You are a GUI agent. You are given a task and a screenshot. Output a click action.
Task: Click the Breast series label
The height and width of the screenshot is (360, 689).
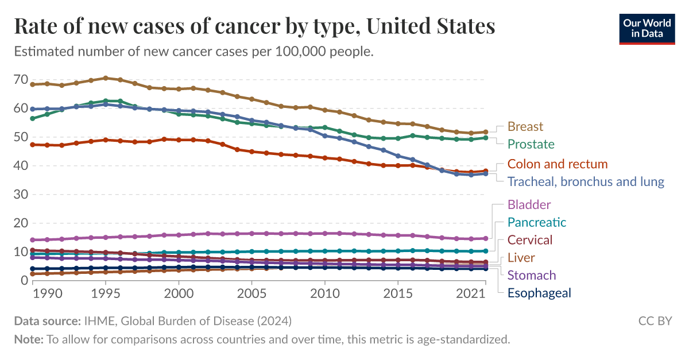pos(525,126)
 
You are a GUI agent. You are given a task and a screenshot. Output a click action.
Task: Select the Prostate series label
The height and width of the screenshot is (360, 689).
pos(531,144)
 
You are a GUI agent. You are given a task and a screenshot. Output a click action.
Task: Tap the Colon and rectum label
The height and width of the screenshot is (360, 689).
pos(557,164)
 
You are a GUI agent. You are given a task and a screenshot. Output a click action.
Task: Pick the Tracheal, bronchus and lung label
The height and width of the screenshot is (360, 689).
pos(586,181)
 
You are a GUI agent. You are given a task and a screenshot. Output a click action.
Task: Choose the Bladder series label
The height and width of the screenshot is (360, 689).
pos(529,204)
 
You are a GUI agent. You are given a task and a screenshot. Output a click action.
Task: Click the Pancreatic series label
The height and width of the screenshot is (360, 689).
pos(536,222)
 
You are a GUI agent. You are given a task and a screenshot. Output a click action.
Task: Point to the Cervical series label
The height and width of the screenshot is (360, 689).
pos(530,240)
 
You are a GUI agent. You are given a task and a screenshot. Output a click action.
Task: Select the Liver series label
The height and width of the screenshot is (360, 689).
pos(520,258)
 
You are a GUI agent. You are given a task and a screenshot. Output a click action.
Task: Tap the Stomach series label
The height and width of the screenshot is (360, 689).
pos(532,275)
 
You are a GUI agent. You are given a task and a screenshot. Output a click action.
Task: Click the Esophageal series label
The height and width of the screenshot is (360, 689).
pos(539,293)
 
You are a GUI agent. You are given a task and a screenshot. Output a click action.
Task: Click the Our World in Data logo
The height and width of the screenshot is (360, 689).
pos(647,28)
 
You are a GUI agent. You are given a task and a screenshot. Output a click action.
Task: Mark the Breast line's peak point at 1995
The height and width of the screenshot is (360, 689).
pos(106,78)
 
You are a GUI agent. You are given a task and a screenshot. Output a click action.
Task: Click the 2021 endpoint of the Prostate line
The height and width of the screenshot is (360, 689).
pos(486,138)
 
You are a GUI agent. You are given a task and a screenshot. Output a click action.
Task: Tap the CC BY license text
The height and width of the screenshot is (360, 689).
pos(655,321)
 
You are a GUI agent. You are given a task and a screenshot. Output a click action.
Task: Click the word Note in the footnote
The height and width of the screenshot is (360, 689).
pos(28,339)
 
